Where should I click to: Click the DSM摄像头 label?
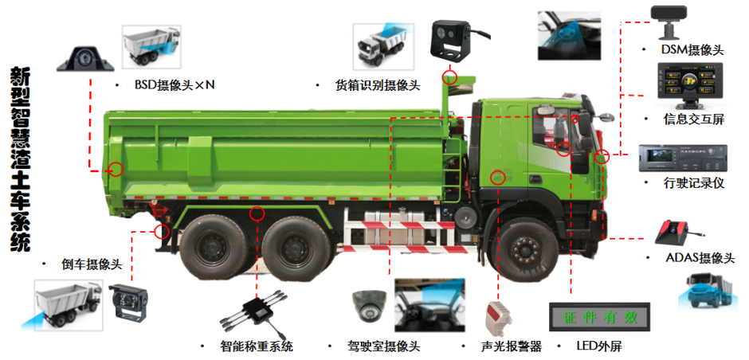click(692, 50)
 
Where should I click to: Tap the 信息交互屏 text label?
click(693, 119)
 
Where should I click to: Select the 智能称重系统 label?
click(257, 346)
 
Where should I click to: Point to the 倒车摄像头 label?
click(92, 264)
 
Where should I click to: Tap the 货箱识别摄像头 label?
click(378, 85)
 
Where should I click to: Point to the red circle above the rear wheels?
click(257, 213)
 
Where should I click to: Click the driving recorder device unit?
click(683, 158)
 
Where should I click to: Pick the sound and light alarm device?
click(497, 319)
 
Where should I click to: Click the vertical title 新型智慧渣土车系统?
click(20, 159)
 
